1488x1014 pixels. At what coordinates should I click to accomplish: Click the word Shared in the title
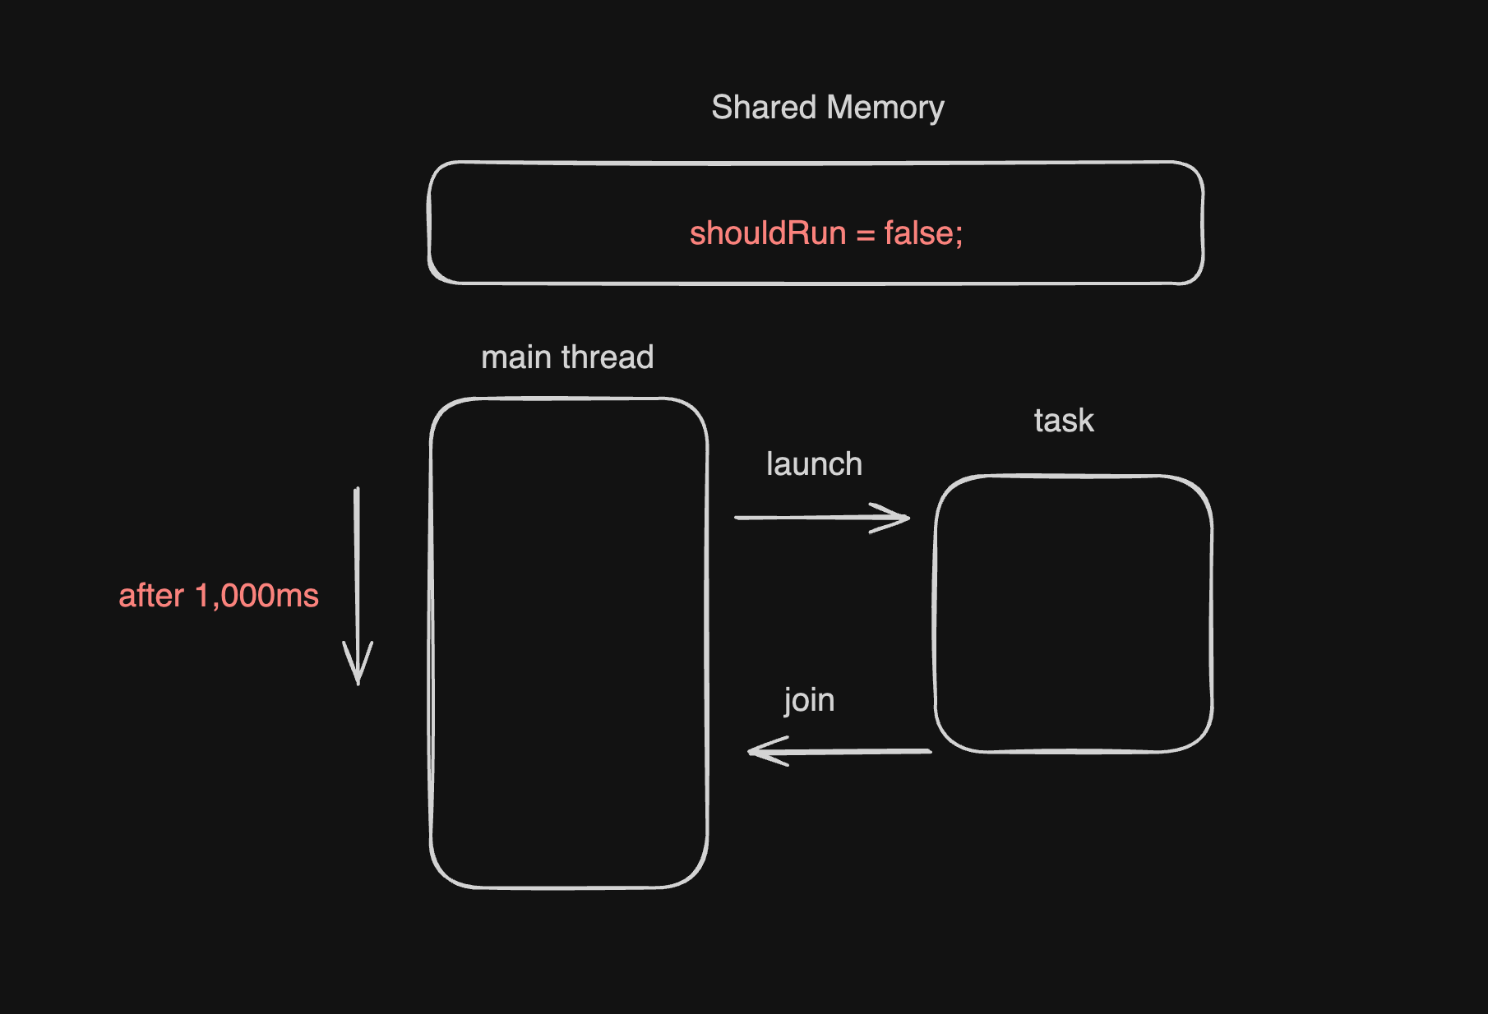point(764,108)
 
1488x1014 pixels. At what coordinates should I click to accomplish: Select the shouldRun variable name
point(767,233)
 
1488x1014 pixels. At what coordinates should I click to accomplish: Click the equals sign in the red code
point(865,235)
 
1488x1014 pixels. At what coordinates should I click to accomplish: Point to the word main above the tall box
point(515,357)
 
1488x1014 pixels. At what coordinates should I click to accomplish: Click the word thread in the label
point(608,357)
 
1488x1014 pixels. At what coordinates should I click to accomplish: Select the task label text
point(1064,421)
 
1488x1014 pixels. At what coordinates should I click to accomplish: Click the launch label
point(814,464)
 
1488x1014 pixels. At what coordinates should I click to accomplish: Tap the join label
point(809,700)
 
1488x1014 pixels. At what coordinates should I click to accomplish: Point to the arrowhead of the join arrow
point(756,751)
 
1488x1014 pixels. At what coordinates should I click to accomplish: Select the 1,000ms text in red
point(256,596)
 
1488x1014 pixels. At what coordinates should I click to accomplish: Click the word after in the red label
point(151,596)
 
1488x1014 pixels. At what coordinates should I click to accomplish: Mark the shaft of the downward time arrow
point(357,567)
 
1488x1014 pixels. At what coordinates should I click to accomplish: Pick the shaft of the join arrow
point(855,751)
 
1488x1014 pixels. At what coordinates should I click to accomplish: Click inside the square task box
point(1073,613)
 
